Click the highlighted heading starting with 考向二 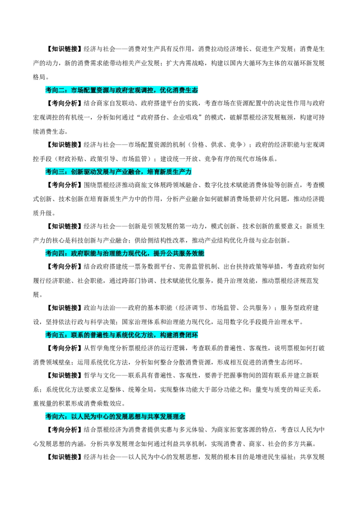point(121,90)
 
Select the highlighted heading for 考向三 point(118,172)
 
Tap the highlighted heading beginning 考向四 point(125,253)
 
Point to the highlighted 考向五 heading point(121,335)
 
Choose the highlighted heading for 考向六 point(115,416)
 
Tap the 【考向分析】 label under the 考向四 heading point(64,267)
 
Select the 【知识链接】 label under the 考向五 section point(64,375)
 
